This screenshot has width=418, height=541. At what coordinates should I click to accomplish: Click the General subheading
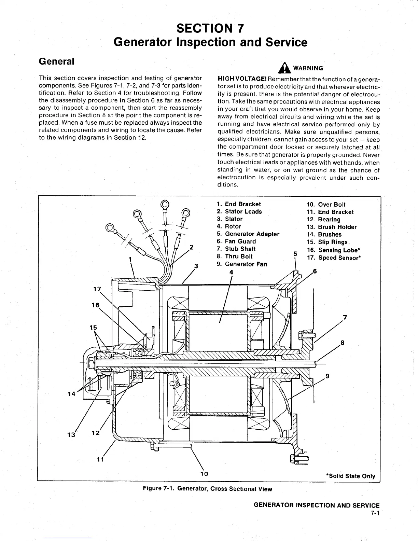(56, 61)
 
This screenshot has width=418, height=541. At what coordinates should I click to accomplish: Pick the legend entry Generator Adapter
(248, 234)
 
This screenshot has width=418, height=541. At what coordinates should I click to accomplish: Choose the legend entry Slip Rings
(328, 242)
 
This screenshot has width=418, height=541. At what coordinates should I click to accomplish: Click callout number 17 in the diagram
(97, 290)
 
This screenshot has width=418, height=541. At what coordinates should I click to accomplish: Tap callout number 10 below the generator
(204, 474)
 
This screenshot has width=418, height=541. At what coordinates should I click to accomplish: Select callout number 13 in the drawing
(71, 434)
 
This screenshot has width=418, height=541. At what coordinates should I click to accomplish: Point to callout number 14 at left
(72, 394)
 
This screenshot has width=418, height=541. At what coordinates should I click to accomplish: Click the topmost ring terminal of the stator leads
(165, 205)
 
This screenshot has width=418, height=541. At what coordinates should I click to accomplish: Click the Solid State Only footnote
(351, 476)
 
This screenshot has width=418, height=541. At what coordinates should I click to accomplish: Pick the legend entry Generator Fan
(242, 264)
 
